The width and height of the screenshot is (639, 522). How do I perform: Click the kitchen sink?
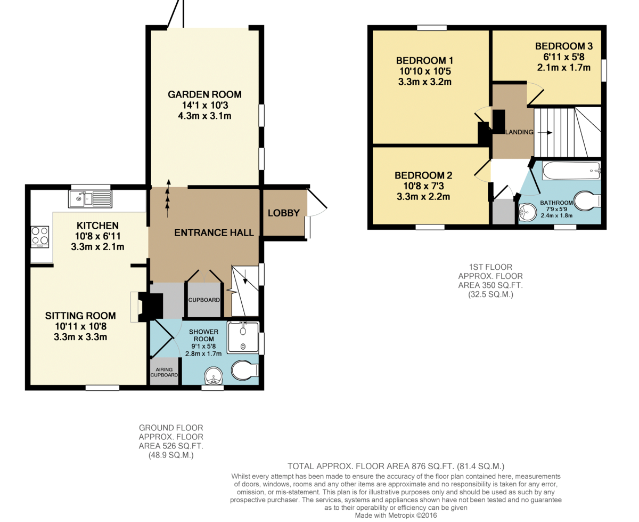click(90, 199)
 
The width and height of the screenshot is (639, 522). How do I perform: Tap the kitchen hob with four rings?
click(40, 237)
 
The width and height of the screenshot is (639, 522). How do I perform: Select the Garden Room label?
click(204, 94)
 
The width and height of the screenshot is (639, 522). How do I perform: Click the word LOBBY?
click(284, 213)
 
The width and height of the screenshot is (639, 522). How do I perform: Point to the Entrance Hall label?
click(214, 232)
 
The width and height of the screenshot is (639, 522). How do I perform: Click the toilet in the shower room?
click(245, 370)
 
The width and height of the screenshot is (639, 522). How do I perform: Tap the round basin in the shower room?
click(214, 376)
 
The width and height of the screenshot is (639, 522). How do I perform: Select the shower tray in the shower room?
click(243, 338)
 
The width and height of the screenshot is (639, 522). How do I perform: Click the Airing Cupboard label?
click(164, 372)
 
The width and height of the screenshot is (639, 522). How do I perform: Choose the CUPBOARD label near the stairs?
click(204, 300)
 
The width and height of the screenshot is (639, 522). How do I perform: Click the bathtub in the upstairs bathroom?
click(571, 171)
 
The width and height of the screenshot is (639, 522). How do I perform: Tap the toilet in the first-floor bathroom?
click(587, 200)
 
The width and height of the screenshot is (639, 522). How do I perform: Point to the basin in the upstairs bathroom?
click(528, 211)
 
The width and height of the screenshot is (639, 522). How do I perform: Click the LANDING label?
click(519, 132)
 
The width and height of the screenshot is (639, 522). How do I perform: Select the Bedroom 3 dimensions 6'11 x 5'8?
click(564, 57)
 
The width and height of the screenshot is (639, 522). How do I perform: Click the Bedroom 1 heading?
click(424, 60)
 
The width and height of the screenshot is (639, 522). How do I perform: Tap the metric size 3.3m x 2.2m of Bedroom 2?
click(423, 197)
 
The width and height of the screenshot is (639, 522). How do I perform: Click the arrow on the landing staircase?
click(544, 133)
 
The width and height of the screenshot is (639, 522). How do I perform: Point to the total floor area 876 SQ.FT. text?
click(396, 466)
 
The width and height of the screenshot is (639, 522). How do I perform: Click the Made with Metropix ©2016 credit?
click(396, 515)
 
